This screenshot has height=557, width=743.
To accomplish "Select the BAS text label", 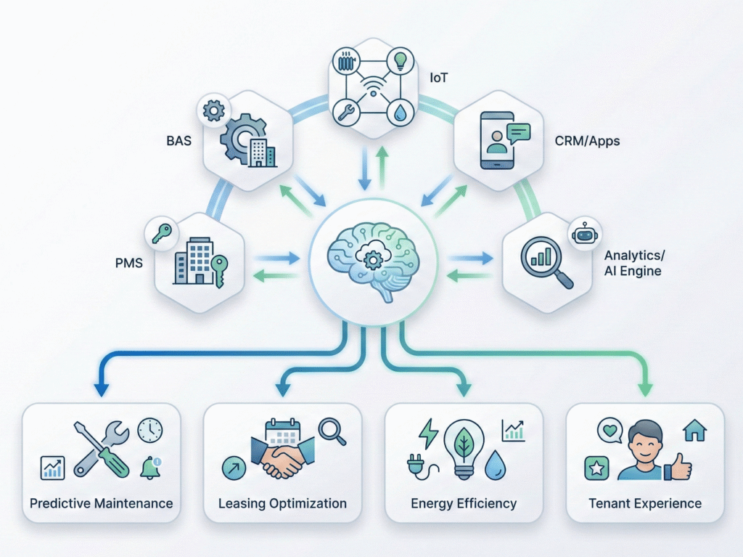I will point(178,140).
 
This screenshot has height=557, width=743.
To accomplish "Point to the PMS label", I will point(128,262).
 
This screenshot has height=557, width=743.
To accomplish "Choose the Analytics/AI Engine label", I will point(633,264).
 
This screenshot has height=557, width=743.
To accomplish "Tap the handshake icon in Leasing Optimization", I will point(282,459).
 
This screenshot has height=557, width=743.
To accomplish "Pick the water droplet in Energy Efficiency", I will point(496,465).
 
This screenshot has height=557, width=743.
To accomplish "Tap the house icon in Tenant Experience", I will point(694,431).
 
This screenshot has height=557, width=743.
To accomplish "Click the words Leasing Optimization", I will point(282,503).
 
